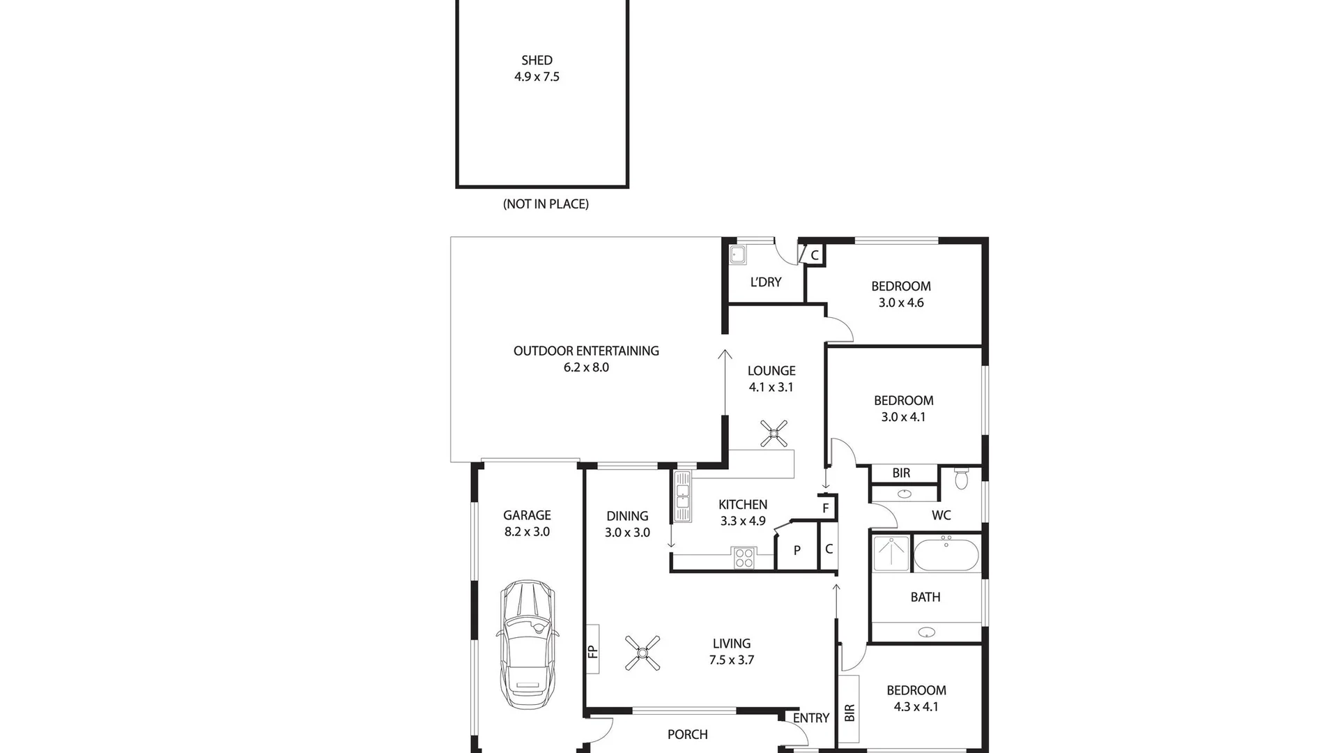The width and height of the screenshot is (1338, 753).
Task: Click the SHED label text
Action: pos(537,61)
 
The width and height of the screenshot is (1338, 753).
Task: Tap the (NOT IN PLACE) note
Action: pos(546,204)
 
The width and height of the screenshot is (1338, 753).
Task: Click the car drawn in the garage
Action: pos(528,645)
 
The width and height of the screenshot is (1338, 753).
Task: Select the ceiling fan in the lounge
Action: pos(774,434)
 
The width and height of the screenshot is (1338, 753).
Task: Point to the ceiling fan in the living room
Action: pos(643,653)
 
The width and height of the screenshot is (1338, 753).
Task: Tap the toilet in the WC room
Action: pos(962,478)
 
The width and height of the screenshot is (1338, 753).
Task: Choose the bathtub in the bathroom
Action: pos(946,555)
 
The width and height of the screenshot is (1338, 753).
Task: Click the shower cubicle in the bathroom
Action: pos(891,554)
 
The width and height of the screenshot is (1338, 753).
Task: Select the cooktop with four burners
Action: pos(744,558)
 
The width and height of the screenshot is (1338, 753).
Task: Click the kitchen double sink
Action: pos(682,496)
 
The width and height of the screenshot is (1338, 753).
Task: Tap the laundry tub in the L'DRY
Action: pos(738,254)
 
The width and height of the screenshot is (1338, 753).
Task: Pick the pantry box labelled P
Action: pos(797,551)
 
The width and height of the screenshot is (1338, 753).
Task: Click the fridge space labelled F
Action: pos(826,508)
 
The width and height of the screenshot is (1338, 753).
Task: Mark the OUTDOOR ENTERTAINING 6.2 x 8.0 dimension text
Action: pos(586,367)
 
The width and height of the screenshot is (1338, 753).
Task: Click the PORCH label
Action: pos(687,734)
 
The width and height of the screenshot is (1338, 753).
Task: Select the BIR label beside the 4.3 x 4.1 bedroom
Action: pos(849,712)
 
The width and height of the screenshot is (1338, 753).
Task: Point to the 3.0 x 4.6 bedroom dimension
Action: pos(901,303)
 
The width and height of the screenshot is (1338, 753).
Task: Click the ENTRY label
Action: pos(811,718)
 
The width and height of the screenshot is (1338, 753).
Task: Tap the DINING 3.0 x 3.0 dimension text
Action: pos(627,533)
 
